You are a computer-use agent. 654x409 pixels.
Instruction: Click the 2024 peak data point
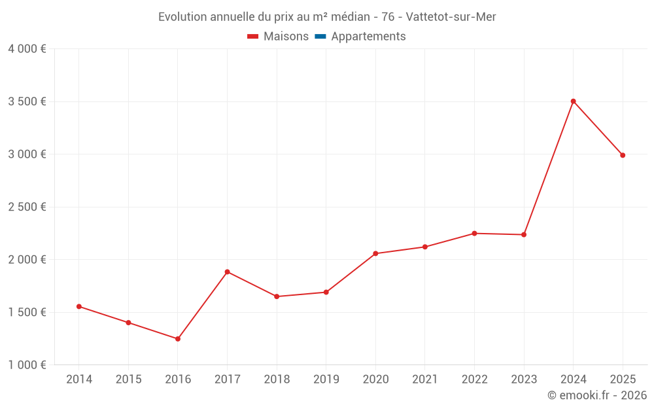pyautogui.click(x=573, y=101)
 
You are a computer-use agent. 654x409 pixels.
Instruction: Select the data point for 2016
pyautogui.click(x=178, y=339)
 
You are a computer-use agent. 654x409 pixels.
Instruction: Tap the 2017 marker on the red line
pyautogui.click(x=227, y=272)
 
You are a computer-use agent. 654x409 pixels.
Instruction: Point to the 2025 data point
pyautogui.click(x=623, y=155)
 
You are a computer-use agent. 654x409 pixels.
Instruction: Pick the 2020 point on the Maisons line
pyautogui.click(x=375, y=253)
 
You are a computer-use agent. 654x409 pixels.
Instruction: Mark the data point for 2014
pyautogui.click(x=79, y=306)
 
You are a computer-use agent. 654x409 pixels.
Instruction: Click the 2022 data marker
pyautogui.click(x=474, y=233)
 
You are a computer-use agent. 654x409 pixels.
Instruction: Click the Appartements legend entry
pyautogui.click(x=368, y=37)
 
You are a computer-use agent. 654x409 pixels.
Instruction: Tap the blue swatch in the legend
pyautogui.click(x=320, y=37)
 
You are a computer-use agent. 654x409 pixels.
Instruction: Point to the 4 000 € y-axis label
pyautogui.click(x=27, y=49)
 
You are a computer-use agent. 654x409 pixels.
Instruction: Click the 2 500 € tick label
pyautogui.click(x=27, y=207)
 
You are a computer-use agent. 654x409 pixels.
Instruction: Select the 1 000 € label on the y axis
pyautogui.click(x=27, y=365)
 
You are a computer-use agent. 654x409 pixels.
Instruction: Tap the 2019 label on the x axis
pyautogui.click(x=326, y=380)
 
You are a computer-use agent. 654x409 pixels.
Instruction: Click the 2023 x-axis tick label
pyautogui.click(x=523, y=380)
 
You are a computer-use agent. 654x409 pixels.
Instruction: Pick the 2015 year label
pyautogui.click(x=128, y=380)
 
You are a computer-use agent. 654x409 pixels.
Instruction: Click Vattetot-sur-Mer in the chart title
pyautogui.click(x=451, y=17)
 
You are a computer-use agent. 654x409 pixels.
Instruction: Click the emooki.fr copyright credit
pyautogui.click(x=597, y=395)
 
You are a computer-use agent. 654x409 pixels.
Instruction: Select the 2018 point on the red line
pyautogui.click(x=277, y=296)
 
